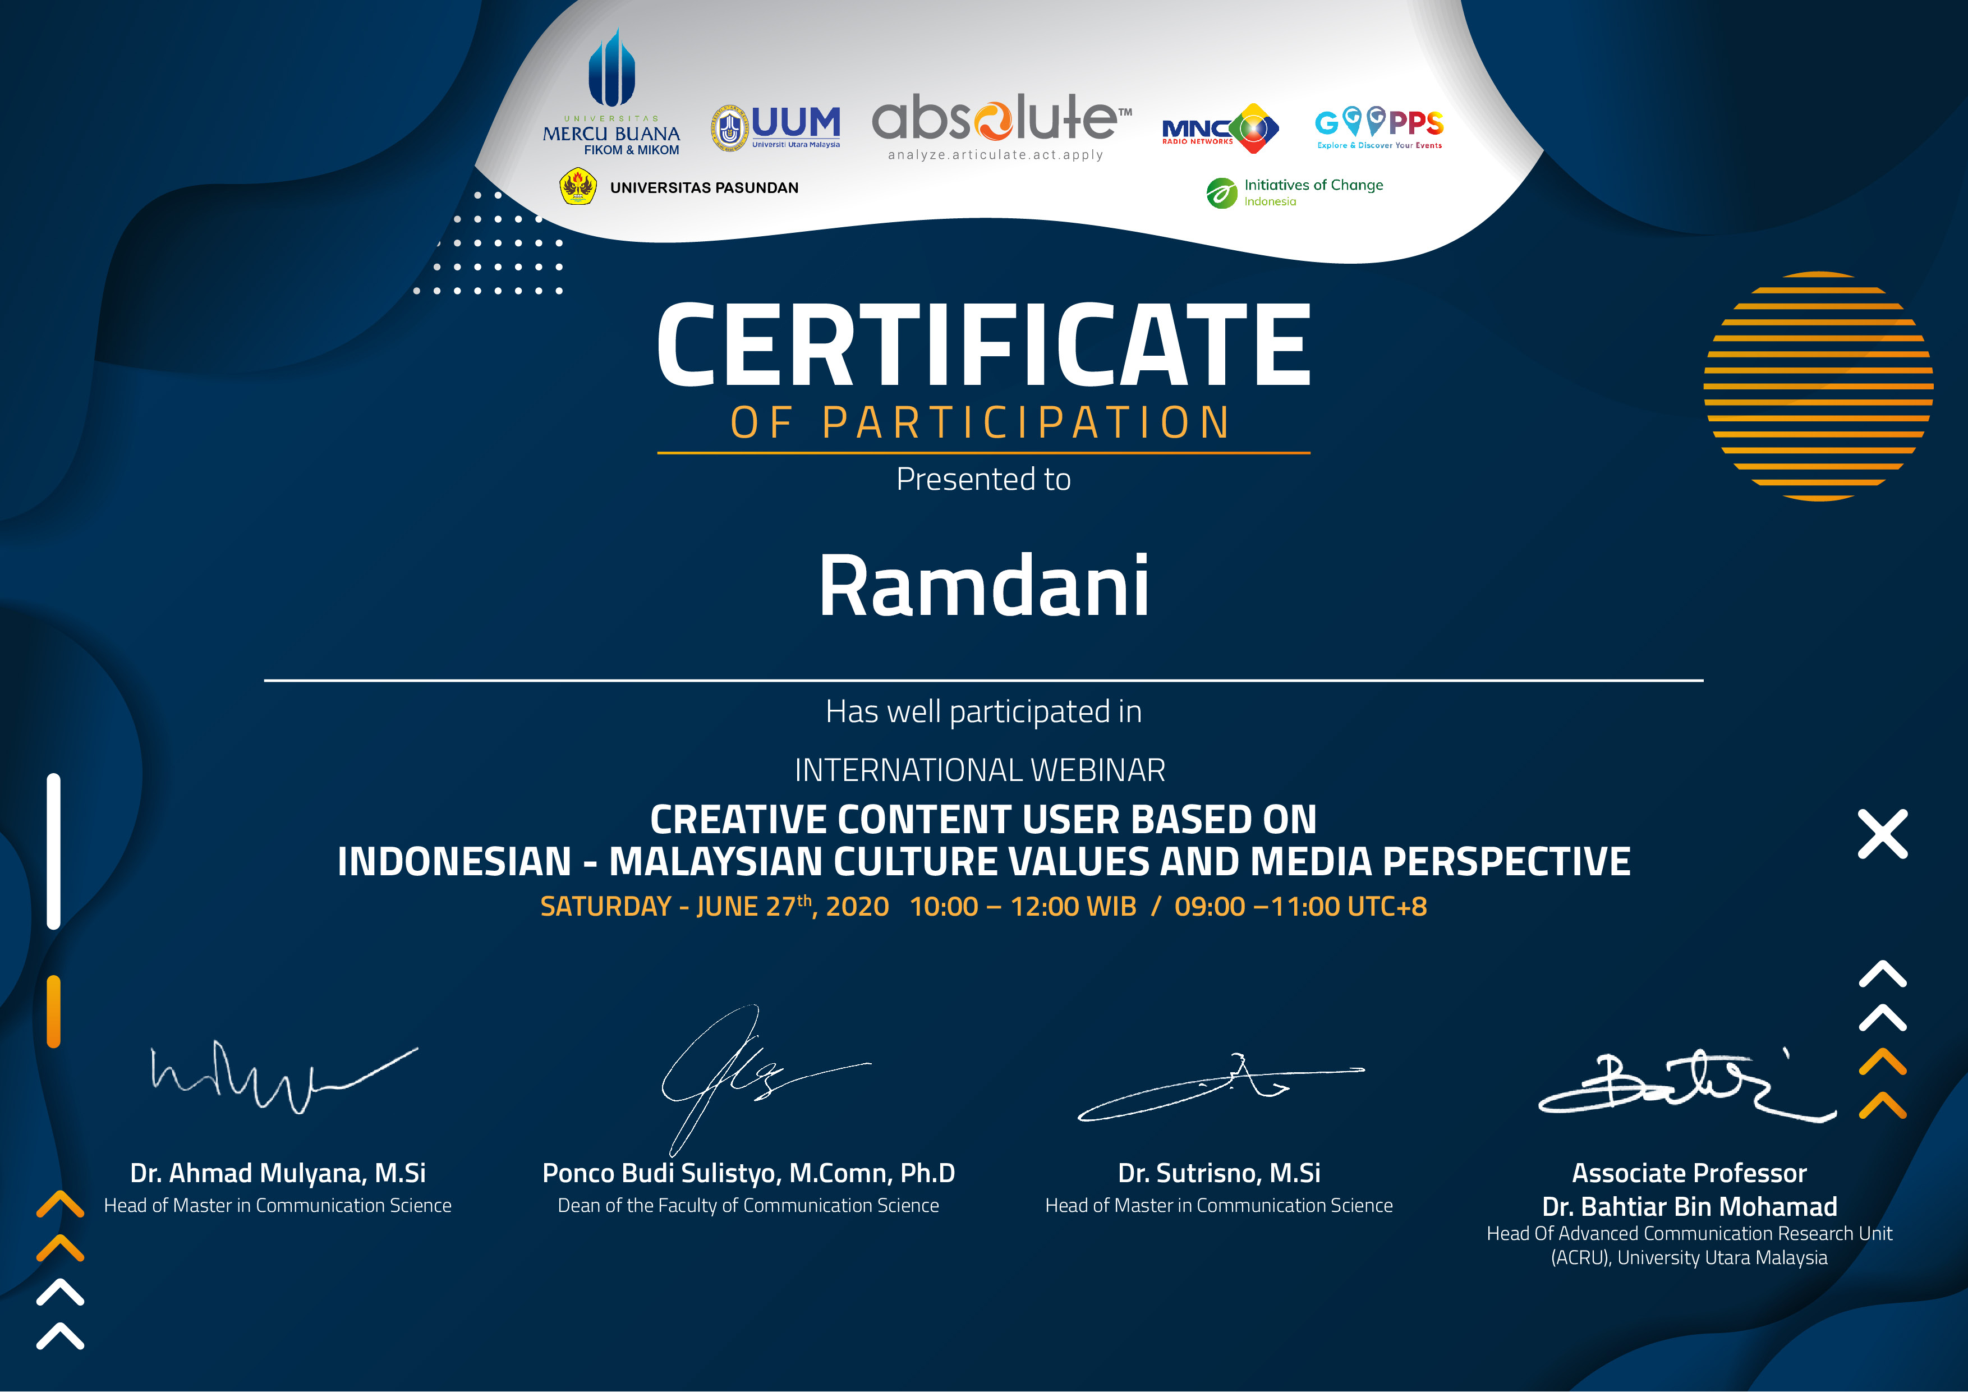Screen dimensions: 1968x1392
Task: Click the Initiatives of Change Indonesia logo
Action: coord(1294,192)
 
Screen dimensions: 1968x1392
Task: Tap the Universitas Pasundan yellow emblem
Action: coord(578,186)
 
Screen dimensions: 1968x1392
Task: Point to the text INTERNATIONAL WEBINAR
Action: coord(980,770)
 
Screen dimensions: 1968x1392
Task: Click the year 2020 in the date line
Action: coord(857,906)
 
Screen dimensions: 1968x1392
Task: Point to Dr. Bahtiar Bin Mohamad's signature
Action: coord(1687,1086)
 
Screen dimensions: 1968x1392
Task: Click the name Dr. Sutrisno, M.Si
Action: coord(1219,1173)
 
